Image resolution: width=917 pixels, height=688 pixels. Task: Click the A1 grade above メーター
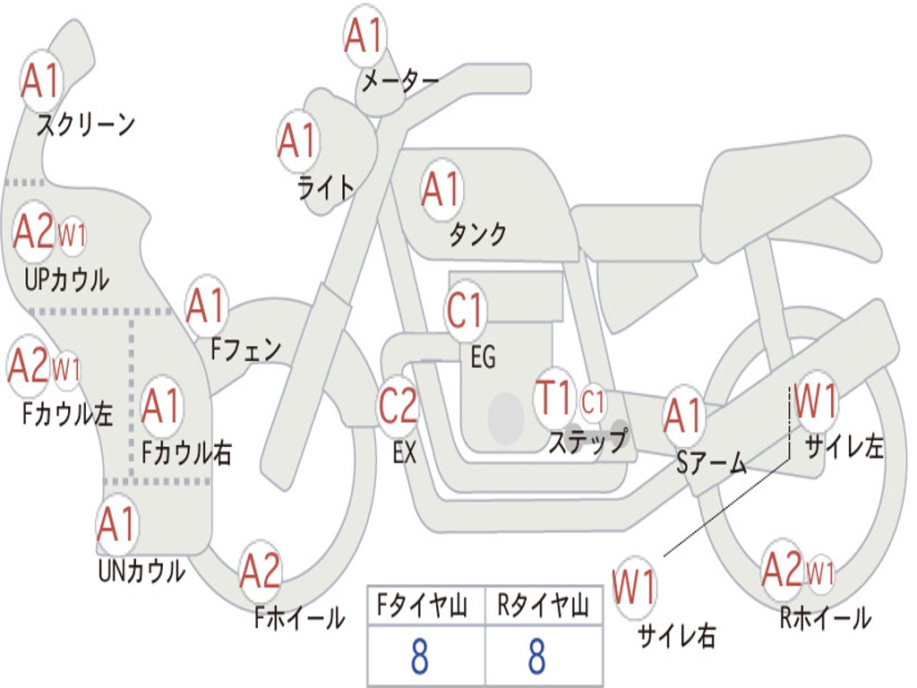click(x=365, y=37)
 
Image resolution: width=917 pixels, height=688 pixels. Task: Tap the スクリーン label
click(x=85, y=125)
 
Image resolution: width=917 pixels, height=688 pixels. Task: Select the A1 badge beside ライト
click(x=298, y=141)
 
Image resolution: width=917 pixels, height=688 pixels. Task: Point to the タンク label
click(x=477, y=234)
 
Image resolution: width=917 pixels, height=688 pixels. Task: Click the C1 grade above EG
click(x=466, y=311)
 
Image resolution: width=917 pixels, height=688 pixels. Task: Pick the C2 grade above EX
click(x=399, y=406)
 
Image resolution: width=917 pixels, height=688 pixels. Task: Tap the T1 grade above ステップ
click(x=554, y=398)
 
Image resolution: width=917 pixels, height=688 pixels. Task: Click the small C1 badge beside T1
click(x=593, y=402)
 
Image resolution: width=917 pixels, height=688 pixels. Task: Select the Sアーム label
click(x=711, y=463)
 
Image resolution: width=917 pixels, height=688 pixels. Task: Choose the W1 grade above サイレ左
click(x=816, y=400)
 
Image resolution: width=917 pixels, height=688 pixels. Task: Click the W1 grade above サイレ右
click(x=634, y=588)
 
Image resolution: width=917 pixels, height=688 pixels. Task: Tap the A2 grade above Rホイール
click(x=782, y=570)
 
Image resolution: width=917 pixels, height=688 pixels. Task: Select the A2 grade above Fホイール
click(x=261, y=572)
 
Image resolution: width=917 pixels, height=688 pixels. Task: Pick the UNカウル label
click(x=141, y=570)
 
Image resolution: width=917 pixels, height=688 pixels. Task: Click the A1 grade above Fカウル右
click(x=162, y=407)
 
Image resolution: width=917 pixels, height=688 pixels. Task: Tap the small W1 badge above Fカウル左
click(x=67, y=369)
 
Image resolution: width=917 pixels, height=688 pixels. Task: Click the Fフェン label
click(x=246, y=348)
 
